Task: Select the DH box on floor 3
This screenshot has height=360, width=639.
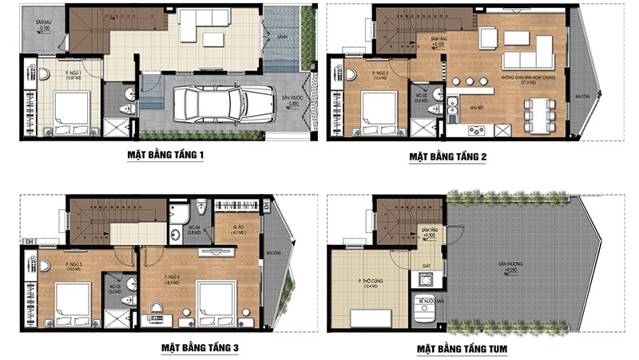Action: click(x=29, y=242)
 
